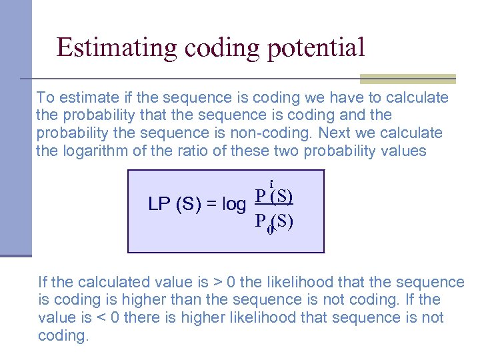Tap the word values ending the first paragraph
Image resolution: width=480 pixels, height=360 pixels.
[x=401, y=151]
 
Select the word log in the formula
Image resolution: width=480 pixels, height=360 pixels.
[x=233, y=205]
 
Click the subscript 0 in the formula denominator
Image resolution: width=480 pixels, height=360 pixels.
[x=269, y=230]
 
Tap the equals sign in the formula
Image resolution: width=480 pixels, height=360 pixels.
[x=211, y=205]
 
